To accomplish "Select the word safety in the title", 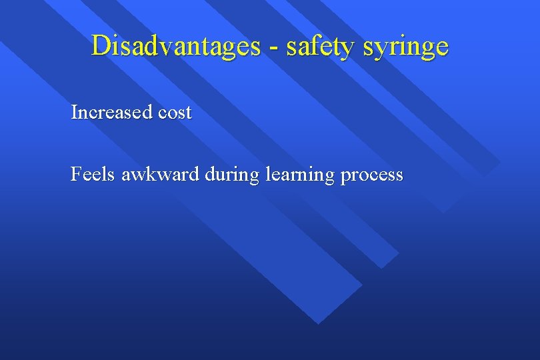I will tap(313, 46).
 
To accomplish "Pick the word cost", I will tap(175, 113).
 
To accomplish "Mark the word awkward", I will tap(161, 175).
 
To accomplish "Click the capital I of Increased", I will tap(74, 112).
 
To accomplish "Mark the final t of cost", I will tap(189, 113).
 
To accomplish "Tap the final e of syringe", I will tap(442, 49).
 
